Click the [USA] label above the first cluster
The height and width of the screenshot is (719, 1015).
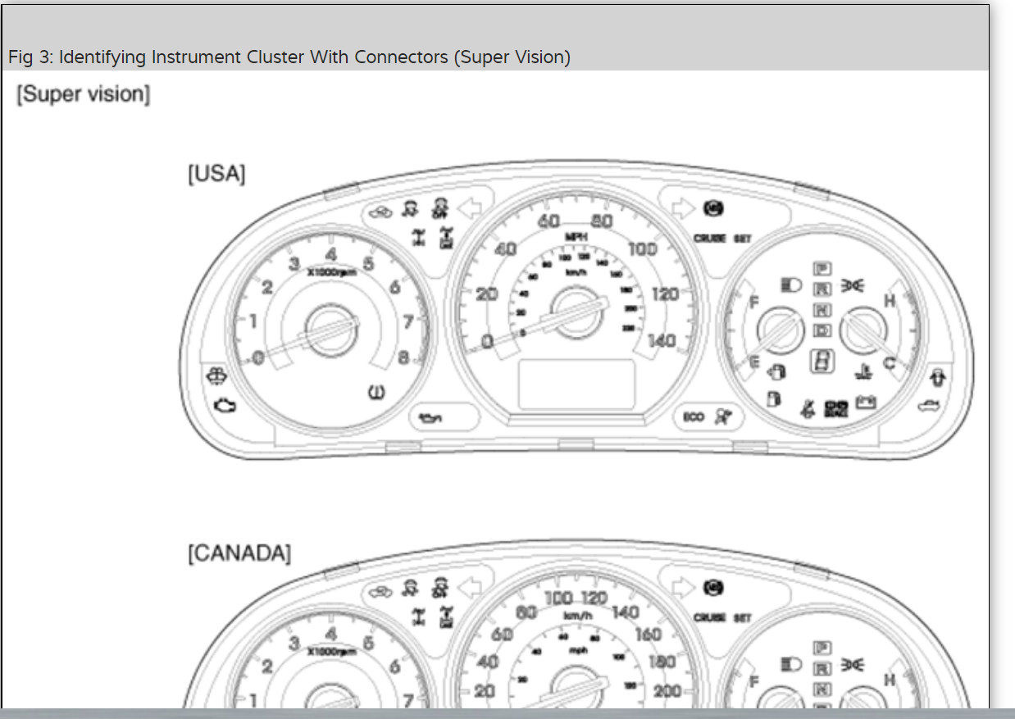pos(216,175)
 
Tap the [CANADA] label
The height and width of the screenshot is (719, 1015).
pos(239,553)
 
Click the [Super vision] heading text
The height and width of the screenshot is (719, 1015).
pos(83,94)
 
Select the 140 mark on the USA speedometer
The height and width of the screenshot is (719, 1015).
pos(662,340)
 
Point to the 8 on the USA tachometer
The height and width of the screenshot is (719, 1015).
pos(403,357)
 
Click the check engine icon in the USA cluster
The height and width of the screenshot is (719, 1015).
pos(222,404)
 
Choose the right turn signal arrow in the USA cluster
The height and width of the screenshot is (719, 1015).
pos(682,208)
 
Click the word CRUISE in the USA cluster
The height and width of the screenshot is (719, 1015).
pos(710,239)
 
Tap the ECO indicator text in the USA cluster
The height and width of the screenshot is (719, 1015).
pos(694,417)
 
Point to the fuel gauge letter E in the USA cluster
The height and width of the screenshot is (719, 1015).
pos(754,362)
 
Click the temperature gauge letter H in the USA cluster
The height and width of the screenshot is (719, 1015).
pos(889,302)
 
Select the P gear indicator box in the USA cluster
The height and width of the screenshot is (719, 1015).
pos(822,269)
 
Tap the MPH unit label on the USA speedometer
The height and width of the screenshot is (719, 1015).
pos(576,236)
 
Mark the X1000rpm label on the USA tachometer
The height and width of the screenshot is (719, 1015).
pos(331,271)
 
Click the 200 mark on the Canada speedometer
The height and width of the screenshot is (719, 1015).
pos(667,690)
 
